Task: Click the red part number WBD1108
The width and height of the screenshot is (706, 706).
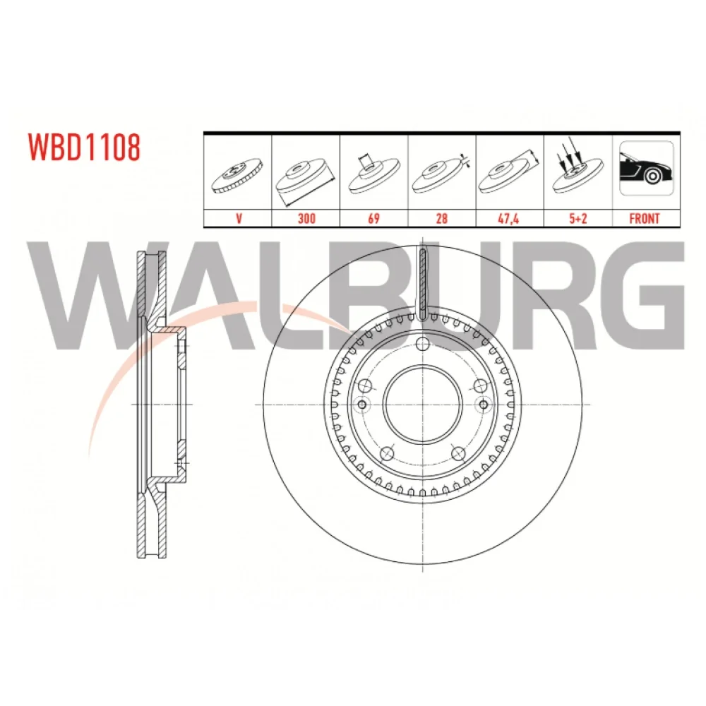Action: point(84,147)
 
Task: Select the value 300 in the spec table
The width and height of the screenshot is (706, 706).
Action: point(306,219)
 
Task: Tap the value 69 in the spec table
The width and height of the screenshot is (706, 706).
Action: point(373,219)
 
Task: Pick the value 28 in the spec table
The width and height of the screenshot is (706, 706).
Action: point(442,219)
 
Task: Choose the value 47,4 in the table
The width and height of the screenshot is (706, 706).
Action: point(509,219)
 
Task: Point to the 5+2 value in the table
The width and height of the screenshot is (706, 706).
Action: point(578,219)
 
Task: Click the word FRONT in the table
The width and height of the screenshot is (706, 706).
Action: point(645,219)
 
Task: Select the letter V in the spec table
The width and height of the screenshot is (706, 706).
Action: point(239,219)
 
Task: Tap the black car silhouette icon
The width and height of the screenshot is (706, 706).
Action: point(646,169)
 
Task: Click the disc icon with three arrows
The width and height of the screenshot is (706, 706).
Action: point(578,167)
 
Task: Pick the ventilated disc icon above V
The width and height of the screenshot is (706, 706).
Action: point(237,176)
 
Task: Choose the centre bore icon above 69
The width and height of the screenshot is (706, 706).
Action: point(374,174)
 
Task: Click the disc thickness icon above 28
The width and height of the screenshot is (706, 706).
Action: point(441,174)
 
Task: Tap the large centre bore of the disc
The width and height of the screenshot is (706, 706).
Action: point(422,404)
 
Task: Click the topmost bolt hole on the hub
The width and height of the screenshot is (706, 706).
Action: point(422,345)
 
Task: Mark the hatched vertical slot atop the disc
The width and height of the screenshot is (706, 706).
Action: point(422,284)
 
